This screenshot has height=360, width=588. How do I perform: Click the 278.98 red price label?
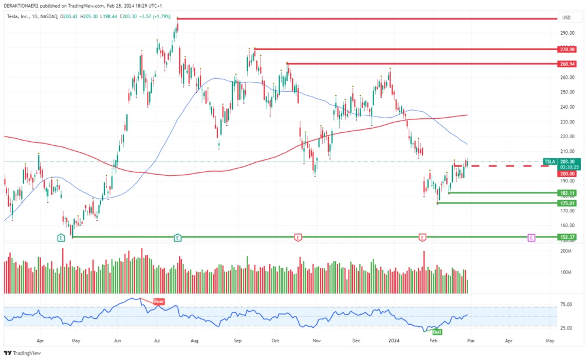567,49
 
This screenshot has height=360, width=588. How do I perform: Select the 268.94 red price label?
567,64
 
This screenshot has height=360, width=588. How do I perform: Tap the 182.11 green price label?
567,193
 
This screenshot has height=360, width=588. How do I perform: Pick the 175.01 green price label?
567,204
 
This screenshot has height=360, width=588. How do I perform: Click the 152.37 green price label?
567,237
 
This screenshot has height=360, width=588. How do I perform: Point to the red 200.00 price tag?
567,174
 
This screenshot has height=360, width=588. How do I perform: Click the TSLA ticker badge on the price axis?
550,161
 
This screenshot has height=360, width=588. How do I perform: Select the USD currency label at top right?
567,18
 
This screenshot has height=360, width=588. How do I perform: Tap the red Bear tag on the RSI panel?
159,302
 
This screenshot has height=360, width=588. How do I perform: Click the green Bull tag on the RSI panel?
437,332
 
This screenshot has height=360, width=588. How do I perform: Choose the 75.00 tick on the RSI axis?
566,305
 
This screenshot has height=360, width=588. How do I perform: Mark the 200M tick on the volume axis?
566,251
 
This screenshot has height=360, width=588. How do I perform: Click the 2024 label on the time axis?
395,341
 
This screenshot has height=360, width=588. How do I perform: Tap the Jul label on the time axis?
157,341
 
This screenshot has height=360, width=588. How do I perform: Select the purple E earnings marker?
532,238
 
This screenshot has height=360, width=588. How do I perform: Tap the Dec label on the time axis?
356,341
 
